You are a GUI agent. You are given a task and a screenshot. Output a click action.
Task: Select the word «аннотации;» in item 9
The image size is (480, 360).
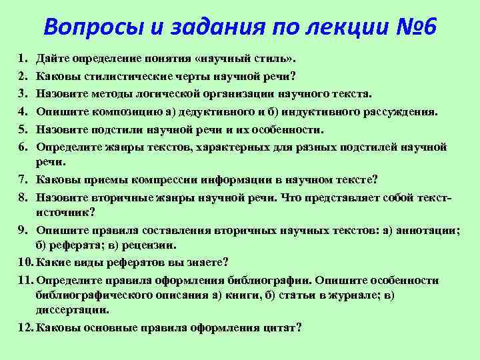427,230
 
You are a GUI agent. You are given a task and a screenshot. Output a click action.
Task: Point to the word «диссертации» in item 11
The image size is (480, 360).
73,309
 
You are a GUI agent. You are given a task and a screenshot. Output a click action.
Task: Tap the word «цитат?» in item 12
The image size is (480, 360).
282,327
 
